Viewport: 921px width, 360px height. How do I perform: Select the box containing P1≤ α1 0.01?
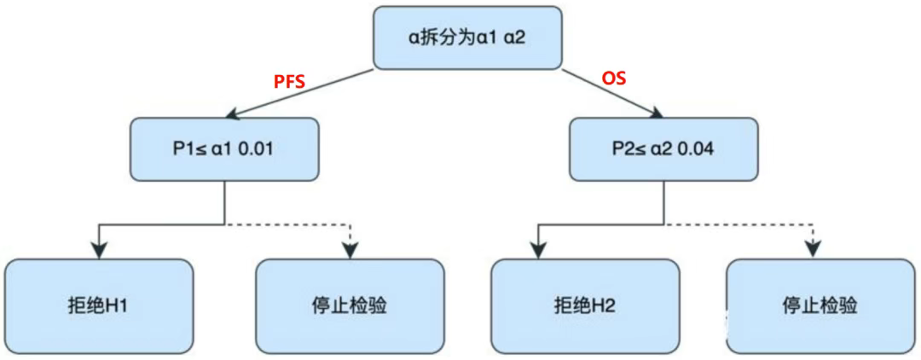(x=224, y=149)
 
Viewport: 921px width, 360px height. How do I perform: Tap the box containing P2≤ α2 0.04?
(x=663, y=149)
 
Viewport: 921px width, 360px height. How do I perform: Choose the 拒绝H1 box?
(x=100, y=305)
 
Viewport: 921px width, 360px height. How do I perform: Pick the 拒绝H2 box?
(x=585, y=305)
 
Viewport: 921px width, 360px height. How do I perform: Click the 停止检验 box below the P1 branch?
(x=350, y=305)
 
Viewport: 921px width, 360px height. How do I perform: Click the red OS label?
(x=614, y=78)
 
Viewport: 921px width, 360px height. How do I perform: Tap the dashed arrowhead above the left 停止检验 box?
(x=350, y=249)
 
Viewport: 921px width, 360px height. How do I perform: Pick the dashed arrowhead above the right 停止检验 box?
(x=814, y=249)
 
